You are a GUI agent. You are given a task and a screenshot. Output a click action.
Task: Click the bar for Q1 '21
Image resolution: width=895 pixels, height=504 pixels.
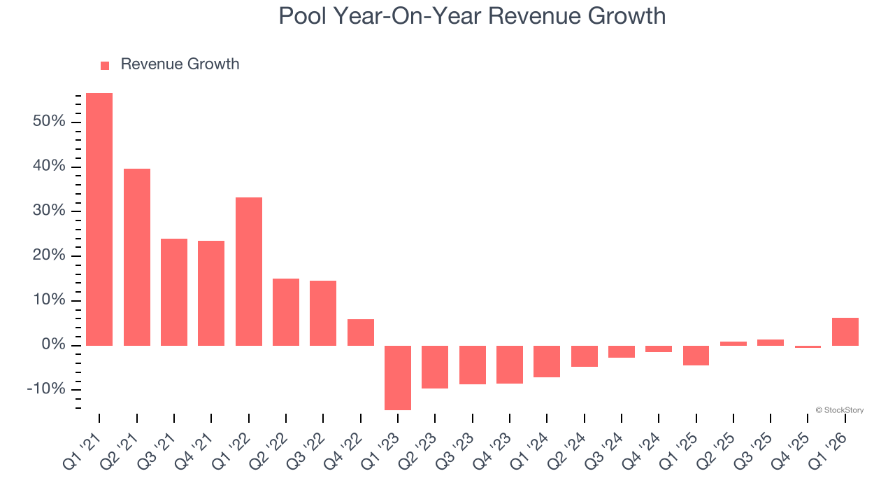99,219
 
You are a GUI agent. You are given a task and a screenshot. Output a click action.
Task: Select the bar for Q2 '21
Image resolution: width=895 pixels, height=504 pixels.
137,257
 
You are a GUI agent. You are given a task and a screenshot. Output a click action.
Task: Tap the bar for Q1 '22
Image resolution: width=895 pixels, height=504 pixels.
249,272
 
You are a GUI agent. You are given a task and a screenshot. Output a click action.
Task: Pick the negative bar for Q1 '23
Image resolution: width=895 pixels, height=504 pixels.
398,377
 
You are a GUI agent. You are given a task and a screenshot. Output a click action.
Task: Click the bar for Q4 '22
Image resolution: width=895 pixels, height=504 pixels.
361,332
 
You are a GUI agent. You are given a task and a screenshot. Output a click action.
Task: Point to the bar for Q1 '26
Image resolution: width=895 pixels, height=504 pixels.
845,332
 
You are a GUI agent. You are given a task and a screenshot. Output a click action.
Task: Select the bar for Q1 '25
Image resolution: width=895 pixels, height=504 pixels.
696,356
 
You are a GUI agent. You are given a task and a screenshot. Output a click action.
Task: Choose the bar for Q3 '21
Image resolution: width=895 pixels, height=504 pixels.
174,292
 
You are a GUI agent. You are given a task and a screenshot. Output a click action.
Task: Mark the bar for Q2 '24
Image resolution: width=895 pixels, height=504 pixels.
585,356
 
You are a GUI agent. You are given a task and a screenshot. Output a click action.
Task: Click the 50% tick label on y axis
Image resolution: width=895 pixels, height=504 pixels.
48,122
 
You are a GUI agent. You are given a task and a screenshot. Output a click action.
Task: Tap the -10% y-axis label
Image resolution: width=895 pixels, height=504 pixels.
45,390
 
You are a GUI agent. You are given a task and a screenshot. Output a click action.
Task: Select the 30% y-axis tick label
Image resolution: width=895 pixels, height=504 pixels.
48,211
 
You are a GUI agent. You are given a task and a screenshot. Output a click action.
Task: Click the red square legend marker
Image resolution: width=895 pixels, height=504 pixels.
105,66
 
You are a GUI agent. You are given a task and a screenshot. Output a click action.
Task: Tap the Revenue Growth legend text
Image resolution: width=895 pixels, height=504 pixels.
180,64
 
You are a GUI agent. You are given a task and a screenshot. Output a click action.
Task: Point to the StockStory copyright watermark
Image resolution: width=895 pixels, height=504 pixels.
839,410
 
